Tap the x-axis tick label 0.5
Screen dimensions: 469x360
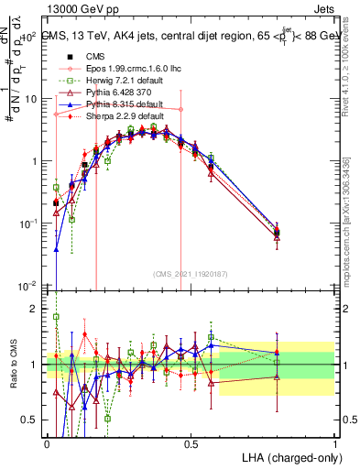191,443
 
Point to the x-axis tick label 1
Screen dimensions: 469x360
335,443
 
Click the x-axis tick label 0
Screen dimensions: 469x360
47,443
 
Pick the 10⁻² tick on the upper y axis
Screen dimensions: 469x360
27,286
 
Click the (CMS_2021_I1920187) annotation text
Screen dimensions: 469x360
191,273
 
